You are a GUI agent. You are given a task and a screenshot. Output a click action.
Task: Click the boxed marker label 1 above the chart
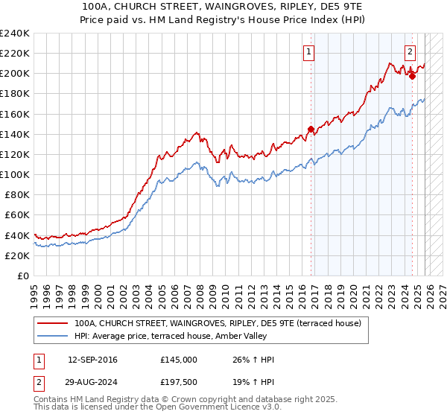coord(308,52)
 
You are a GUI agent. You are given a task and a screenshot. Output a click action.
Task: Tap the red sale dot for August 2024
coord(412,75)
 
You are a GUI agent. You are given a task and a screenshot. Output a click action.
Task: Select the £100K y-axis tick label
coord(15,174)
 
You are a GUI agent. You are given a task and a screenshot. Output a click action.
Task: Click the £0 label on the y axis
coord(22,276)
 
